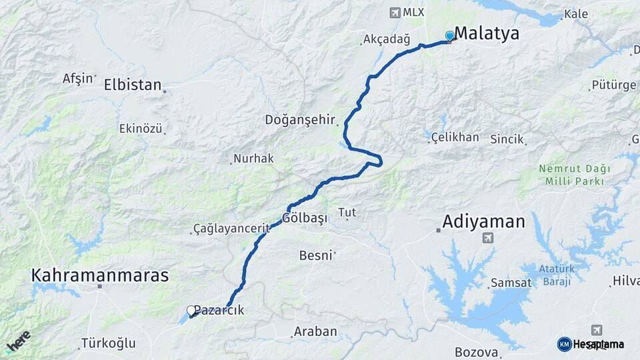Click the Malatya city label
pyautogui.click(x=487, y=34)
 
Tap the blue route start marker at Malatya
pyautogui.click(x=450, y=36)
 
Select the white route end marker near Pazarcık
pyautogui.click(x=191, y=310)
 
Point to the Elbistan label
pyautogui.click(x=133, y=85)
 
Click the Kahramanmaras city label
pyautogui.click(x=100, y=275)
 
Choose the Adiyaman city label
pyautogui.click(x=484, y=221)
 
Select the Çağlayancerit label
pyautogui.click(x=231, y=229)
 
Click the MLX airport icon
pyautogui.click(x=395, y=13)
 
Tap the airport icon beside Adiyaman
pyautogui.click(x=490, y=238)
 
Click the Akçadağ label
pyautogui.click(x=386, y=39)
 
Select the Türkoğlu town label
pyautogui.click(x=108, y=343)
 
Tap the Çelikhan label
pyautogui.click(x=455, y=137)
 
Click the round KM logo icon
pyautogui.click(x=564, y=344)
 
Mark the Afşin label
pyautogui.click(x=78, y=78)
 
